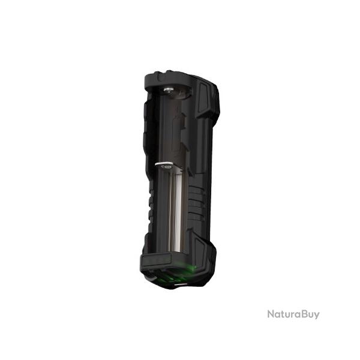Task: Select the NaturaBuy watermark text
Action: click(293, 314)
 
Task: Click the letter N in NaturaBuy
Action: click(271, 314)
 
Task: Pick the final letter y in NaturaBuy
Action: click(317, 316)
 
